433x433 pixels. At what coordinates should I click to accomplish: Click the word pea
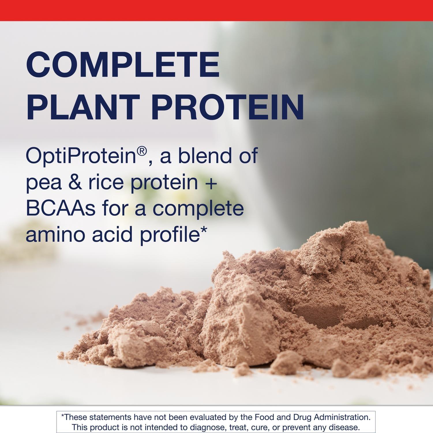click(44, 183)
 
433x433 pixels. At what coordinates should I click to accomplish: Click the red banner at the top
click(216, 10)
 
